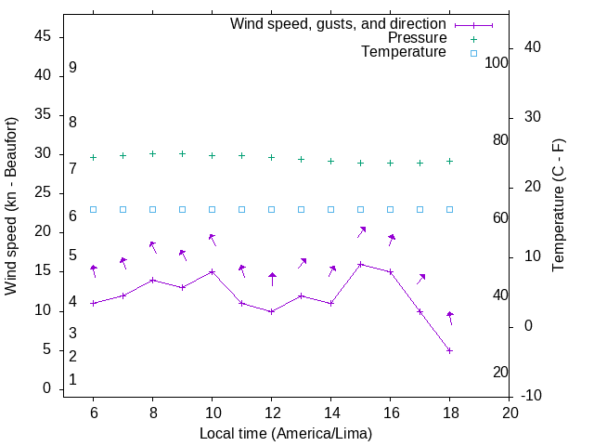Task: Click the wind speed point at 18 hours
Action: click(x=449, y=350)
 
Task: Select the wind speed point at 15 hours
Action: click(x=360, y=264)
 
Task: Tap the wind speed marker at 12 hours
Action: click(x=271, y=311)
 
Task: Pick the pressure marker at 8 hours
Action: click(x=152, y=154)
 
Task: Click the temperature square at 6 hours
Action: click(x=93, y=209)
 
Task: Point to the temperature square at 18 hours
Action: click(x=449, y=209)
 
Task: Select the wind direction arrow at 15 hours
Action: click(x=362, y=231)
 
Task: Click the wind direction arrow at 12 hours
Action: click(x=272, y=280)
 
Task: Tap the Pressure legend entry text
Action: click(x=417, y=38)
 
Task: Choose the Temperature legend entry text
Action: click(x=404, y=53)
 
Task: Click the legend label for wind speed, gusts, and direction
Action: click(x=338, y=23)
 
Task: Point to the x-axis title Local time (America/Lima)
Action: click(x=286, y=433)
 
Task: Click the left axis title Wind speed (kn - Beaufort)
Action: click(x=11, y=206)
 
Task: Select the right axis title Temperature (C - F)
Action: click(x=558, y=206)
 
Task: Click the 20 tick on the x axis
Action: click(x=509, y=412)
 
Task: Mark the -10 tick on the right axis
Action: click(x=535, y=396)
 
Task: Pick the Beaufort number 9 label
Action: click(x=72, y=68)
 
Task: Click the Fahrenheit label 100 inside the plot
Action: click(x=497, y=62)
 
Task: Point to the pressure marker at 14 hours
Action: click(x=330, y=161)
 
